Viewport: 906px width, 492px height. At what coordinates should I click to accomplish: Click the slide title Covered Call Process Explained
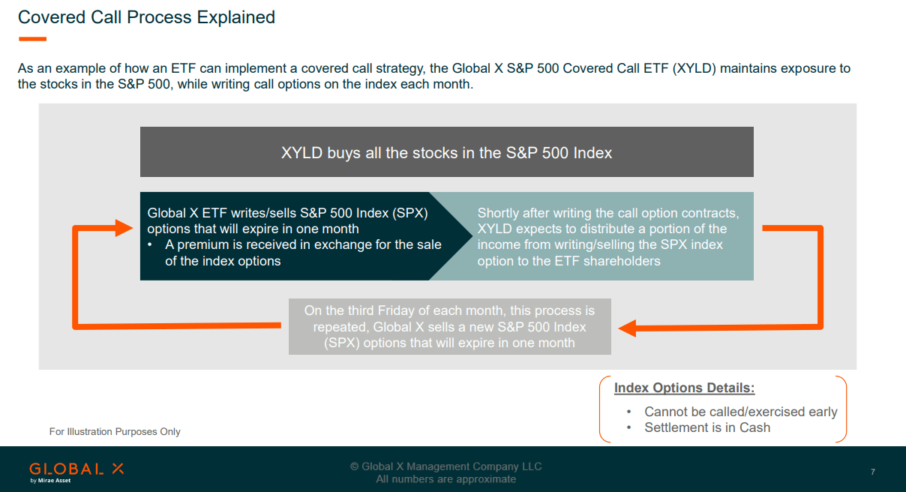146,17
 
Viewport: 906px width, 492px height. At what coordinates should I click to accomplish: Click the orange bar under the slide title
32,39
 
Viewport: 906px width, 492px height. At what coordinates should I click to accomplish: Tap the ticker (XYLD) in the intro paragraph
694,68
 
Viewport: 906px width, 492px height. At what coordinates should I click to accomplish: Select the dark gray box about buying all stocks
446,151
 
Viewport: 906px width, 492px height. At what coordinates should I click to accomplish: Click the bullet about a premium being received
295,253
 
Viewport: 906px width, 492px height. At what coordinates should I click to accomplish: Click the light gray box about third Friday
450,326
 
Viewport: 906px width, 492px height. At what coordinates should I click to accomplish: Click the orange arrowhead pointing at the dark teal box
124,228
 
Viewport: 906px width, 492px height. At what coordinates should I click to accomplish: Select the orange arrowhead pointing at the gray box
628,328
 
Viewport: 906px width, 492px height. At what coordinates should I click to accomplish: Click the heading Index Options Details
684,388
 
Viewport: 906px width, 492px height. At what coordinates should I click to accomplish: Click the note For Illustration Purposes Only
115,432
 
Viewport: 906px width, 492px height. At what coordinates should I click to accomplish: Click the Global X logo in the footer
76,472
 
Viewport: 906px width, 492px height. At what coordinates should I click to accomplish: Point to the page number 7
873,472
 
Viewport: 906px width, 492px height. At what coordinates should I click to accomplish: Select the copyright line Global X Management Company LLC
445,466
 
